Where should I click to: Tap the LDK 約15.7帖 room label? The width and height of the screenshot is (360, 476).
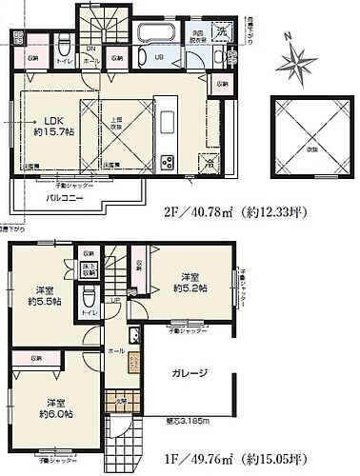50,127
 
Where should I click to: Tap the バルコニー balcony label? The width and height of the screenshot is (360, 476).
64,199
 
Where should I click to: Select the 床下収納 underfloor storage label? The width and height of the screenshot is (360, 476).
89,270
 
